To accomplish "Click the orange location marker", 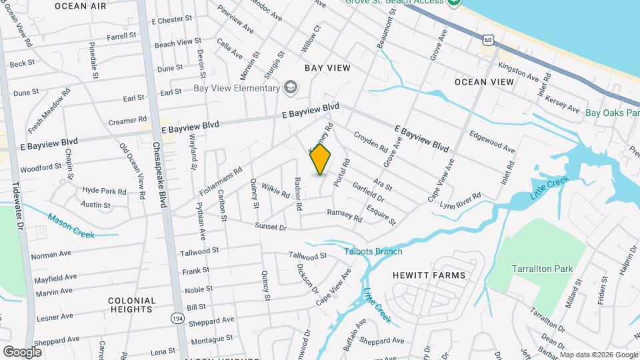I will pos(321,159).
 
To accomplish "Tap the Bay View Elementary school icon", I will pos(290,87).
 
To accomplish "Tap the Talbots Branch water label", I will pos(373,251).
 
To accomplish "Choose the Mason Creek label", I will pos(72,226).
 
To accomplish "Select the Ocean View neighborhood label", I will pos(484,81).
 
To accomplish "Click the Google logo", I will pos(22,351).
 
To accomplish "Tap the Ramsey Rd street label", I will pos(344,215).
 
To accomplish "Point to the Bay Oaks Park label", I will pos(612,113).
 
